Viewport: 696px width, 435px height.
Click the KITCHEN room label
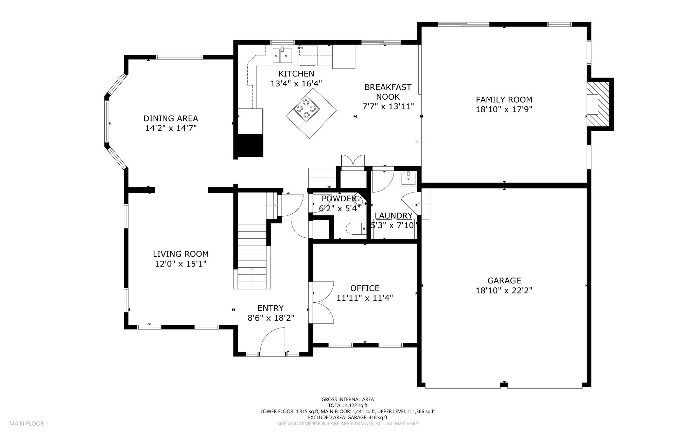tap(296, 74)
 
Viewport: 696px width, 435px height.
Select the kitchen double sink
tap(282, 55)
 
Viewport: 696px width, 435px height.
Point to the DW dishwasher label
tap(300, 48)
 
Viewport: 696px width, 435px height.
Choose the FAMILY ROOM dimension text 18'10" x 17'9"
tap(504, 110)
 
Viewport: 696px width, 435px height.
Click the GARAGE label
tap(504, 281)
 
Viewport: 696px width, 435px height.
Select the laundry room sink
tap(408, 178)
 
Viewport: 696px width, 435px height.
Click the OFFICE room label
tap(365, 288)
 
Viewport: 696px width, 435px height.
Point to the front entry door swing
tap(272, 340)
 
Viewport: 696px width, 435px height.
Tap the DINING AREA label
tap(171, 119)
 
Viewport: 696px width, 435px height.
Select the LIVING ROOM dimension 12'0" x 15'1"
tap(181, 264)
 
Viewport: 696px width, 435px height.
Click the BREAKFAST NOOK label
tap(388, 92)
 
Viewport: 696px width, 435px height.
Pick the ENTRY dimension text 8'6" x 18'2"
tap(271, 318)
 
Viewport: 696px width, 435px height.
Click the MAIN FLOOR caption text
tap(27, 424)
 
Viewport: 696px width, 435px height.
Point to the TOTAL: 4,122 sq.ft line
tap(348, 405)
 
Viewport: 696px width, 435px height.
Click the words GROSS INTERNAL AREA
tap(348, 399)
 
